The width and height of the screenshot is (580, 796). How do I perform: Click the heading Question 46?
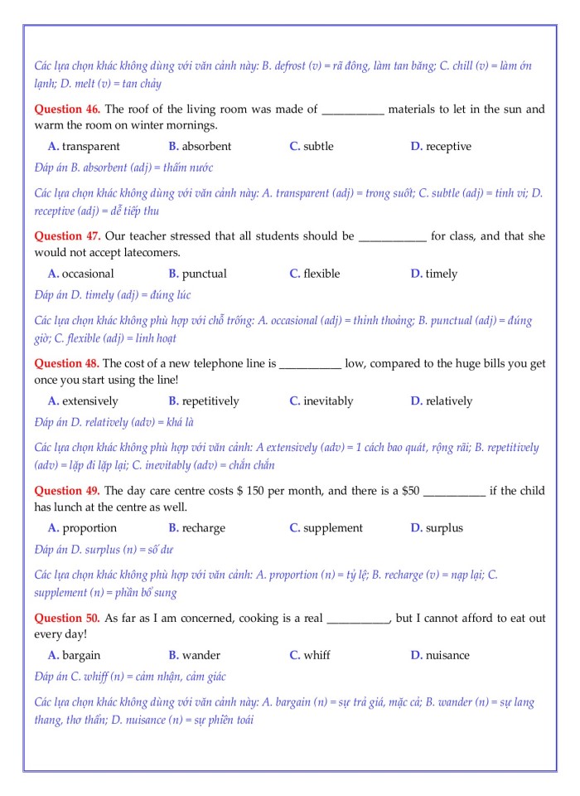pos(67,109)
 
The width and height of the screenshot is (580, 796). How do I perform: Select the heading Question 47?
pos(67,235)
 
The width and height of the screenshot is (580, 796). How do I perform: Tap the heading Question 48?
pos(67,363)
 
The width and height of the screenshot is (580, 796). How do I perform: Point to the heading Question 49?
pos(67,490)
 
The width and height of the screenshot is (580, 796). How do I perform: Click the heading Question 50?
pos(67,618)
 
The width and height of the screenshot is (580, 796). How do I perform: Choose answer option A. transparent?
pos(84,146)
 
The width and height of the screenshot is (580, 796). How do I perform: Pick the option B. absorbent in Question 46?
pos(200,146)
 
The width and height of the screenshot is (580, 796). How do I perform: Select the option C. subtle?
pos(312,146)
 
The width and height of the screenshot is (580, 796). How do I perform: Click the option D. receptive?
pos(441,146)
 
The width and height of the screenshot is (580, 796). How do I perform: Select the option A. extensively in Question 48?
pos(84,400)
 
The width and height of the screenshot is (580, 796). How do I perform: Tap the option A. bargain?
pos(74,655)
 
